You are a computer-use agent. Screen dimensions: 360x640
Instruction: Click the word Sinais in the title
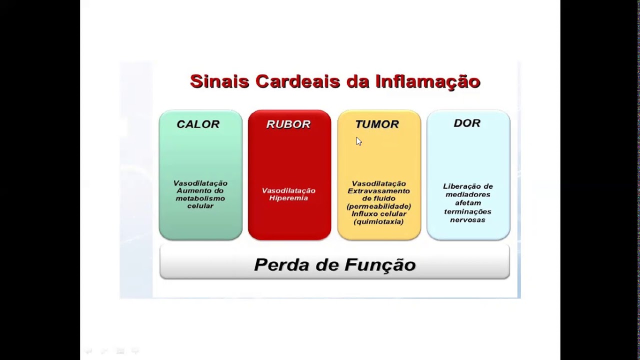[x=219, y=81]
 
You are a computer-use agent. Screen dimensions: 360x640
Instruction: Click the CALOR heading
[x=198, y=124]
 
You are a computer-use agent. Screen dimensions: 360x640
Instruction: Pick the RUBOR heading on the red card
[x=288, y=124]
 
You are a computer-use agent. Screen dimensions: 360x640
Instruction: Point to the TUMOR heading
[x=377, y=124]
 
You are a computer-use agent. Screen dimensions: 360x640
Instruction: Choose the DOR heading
[x=467, y=123]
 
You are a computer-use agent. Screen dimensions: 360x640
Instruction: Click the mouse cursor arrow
[x=358, y=141]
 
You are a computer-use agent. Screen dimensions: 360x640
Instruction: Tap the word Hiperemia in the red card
[x=288, y=198]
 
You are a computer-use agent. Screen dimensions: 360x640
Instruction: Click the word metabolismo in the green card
[x=200, y=198]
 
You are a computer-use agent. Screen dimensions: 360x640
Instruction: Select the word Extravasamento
[x=378, y=191]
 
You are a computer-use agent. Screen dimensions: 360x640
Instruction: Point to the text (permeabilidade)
[x=378, y=206]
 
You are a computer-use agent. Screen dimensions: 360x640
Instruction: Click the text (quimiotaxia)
[x=378, y=221]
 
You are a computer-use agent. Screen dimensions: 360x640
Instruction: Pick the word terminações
[x=468, y=211]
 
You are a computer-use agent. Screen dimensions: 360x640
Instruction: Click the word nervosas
[x=468, y=219]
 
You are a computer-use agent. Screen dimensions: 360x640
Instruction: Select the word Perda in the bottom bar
[x=280, y=264]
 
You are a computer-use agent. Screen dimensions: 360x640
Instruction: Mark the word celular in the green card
[x=200, y=205]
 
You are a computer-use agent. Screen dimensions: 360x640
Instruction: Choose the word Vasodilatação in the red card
[x=288, y=190]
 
